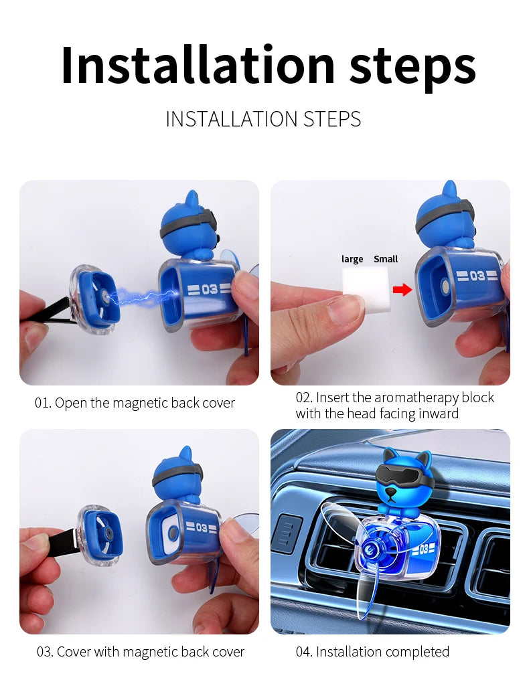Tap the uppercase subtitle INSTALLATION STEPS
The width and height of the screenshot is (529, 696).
(x=263, y=119)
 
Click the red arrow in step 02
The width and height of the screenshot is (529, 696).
(x=402, y=289)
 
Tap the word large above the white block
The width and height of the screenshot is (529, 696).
(x=352, y=259)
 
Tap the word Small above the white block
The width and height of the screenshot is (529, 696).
(x=386, y=259)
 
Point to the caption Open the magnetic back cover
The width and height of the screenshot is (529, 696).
(x=135, y=403)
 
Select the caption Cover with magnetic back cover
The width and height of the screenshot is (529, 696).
(x=141, y=652)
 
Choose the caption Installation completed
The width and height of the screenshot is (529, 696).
(x=372, y=652)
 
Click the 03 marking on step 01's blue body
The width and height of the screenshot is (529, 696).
(x=206, y=289)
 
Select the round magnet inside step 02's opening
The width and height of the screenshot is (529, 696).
(x=445, y=286)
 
